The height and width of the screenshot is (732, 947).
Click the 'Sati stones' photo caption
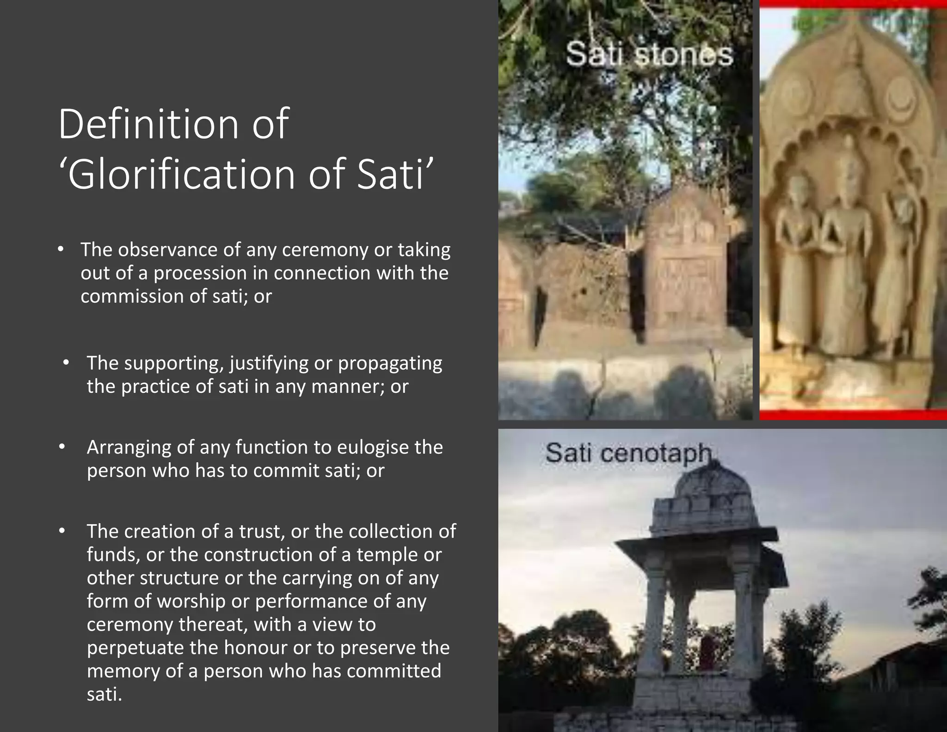click(x=649, y=54)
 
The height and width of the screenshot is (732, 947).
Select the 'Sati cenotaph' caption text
click(x=628, y=453)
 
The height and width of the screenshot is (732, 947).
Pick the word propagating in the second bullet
click(x=390, y=363)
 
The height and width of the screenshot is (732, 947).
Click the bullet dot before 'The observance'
click(x=61, y=249)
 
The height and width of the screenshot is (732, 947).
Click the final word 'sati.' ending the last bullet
click(x=105, y=694)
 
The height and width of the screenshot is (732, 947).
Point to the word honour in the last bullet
click(x=256, y=648)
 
